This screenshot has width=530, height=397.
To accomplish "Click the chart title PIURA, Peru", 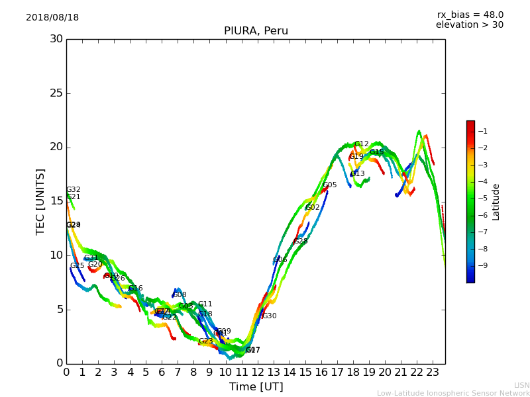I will (x=256, y=31).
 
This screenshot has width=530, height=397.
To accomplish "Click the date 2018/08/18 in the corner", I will (x=52, y=18).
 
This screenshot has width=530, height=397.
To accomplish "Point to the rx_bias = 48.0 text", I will (x=470, y=15).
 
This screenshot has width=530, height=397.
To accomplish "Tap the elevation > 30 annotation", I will (x=469, y=25).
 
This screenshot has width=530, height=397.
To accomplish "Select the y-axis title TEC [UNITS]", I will (x=40, y=201).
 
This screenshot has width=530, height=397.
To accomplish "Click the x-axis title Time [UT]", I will (x=256, y=387).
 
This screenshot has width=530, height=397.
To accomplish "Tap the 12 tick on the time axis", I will (x=258, y=373).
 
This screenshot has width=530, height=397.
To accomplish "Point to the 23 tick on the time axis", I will (x=433, y=373).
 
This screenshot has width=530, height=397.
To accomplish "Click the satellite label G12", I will (x=361, y=144).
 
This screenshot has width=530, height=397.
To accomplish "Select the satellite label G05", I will (x=330, y=185).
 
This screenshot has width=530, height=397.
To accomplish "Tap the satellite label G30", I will (x=270, y=316).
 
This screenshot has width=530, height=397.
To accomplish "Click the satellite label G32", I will (x=74, y=190).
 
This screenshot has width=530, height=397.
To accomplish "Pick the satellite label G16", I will (x=136, y=288).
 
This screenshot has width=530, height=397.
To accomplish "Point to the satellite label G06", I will (x=280, y=260).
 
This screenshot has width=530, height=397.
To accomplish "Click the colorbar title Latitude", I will (x=496, y=202).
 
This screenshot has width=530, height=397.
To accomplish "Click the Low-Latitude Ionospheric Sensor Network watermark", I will (x=453, y=394).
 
